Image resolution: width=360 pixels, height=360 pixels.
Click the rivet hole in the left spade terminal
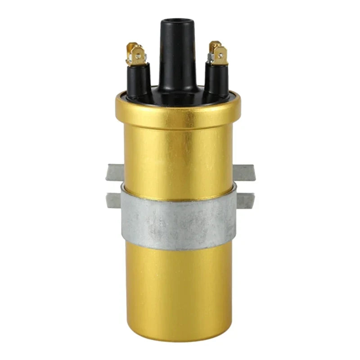pyautogui.click(x=131, y=57)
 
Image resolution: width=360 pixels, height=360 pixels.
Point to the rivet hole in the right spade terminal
pyautogui.click(x=221, y=56)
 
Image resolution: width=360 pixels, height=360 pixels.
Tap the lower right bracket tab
pyautogui.click(x=244, y=199)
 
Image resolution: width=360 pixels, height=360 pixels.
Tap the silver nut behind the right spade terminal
pyautogui.click(x=211, y=58)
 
